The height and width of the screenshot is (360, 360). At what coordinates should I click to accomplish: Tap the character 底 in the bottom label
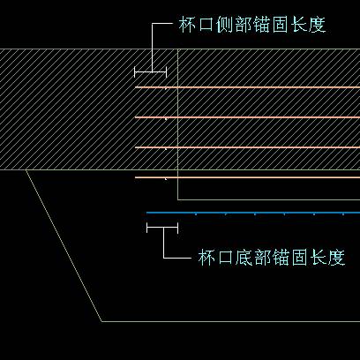(244, 258)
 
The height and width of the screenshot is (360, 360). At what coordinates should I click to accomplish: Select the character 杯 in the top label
(187, 25)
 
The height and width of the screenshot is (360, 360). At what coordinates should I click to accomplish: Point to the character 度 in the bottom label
(336, 258)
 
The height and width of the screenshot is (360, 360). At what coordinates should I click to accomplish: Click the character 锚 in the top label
(262, 25)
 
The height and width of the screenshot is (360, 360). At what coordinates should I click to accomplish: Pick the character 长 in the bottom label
(318, 258)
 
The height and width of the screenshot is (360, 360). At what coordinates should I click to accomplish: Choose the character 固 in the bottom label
(299, 258)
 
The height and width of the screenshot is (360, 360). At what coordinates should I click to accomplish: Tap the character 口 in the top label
(206, 25)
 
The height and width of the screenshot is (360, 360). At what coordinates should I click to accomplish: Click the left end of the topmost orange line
(135, 87)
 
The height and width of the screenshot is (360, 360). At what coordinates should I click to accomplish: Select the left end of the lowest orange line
(135, 177)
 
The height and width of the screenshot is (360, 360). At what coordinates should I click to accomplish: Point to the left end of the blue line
(146, 213)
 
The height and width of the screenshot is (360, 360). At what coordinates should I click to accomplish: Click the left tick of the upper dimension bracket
(134, 71)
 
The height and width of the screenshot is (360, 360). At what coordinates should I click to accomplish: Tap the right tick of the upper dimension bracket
(166, 71)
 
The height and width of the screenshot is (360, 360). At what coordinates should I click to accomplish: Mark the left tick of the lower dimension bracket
(146, 228)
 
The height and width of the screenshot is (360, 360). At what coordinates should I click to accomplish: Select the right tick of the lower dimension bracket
(178, 228)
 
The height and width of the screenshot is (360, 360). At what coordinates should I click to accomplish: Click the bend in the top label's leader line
(152, 24)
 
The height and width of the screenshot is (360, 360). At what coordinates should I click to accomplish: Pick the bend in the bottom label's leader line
(163, 259)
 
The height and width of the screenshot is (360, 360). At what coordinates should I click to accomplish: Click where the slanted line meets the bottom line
(101, 321)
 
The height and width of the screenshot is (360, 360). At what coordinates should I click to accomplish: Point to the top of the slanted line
(26, 169)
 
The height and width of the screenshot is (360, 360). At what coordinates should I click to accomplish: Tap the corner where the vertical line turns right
(178, 199)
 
